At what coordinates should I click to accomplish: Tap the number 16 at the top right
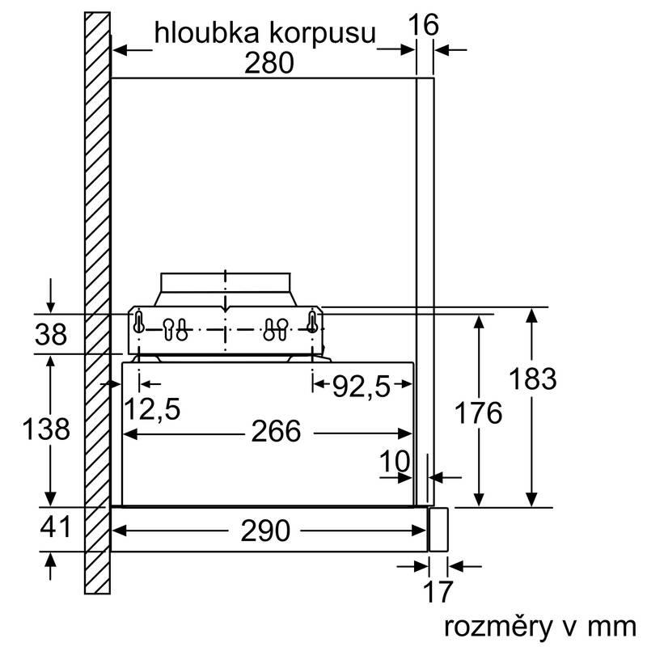click(422, 25)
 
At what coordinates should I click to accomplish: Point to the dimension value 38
click(52, 334)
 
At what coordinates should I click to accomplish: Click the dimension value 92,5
click(362, 388)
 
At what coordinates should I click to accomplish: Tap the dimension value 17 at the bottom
click(438, 592)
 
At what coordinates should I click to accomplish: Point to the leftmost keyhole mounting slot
click(140, 322)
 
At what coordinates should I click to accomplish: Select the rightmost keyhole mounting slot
click(311, 322)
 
